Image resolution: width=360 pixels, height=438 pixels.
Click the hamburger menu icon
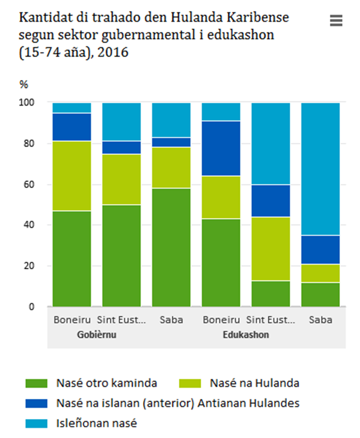pos(336,21)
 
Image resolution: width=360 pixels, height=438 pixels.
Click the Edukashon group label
pos(245,335)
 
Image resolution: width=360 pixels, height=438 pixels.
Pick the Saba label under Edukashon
pos(320,321)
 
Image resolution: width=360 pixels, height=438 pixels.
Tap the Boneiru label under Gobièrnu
pos(72,321)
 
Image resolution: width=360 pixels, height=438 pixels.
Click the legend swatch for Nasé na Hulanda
pos(190,384)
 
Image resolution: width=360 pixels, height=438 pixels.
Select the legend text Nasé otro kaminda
pos(106,384)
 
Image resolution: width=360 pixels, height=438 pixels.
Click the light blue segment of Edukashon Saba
pos(320,168)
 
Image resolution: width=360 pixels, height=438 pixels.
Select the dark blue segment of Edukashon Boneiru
pos(221,148)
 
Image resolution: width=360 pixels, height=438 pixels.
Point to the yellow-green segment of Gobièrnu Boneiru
pos(72,176)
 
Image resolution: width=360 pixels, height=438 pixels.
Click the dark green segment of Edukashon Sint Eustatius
pos(271,294)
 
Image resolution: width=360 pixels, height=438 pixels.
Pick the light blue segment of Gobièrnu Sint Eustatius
pos(121,121)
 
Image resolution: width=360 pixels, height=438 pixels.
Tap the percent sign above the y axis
pos(23,85)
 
